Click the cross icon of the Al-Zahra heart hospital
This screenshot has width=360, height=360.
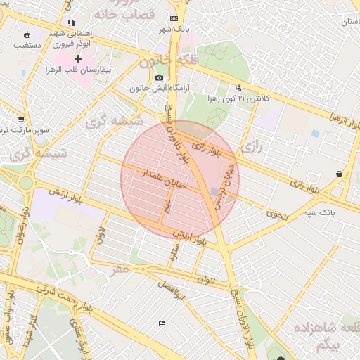tap(79, 58)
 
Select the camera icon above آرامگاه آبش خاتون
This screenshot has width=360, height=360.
tap(160, 77)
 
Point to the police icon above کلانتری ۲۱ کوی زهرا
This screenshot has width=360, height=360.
tap(239, 88)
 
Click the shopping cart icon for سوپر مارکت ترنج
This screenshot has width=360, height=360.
tap(20, 119)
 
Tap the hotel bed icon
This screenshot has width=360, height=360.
tap(162, 323)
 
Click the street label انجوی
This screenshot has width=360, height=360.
tap(277, 217)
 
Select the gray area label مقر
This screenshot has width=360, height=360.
tap(120, 269)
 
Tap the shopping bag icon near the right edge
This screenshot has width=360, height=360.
tap(340, 174)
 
